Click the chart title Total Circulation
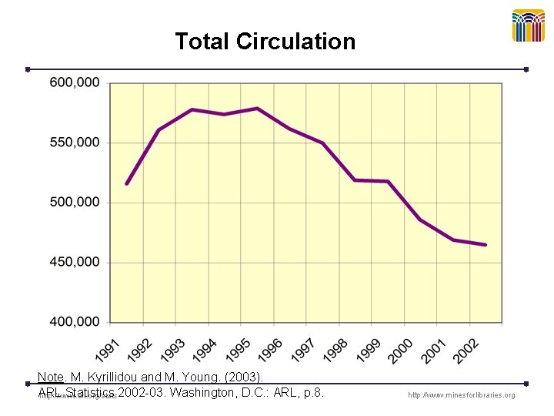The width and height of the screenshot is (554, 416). click(x=265, y=42)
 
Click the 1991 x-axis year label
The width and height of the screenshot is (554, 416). click(x=109, y=350)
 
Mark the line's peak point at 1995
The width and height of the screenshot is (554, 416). click(x=257, y=108)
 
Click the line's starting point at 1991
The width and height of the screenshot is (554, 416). click(x=126, y=183)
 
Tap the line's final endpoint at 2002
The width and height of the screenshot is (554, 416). click(x=486, y=245)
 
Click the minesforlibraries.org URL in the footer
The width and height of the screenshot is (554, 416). click(x=462, y=395)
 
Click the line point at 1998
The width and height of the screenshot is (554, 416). click(x=355, y=180)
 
